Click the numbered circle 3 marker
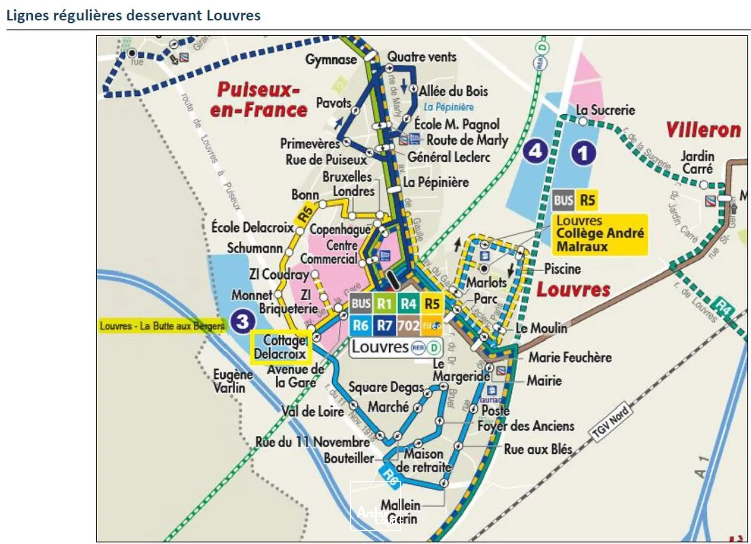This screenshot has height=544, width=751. pyautogui.click(x=243, y=321)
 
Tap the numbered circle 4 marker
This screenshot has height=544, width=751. pyautogui.click(x=535, y=151)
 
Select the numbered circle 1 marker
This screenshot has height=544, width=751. pyautogui.click(x=583, y=153)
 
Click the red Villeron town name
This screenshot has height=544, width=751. pyautogui.click(x=703, y=130)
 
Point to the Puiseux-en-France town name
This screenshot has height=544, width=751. pyautogui.click(x=258, y=100)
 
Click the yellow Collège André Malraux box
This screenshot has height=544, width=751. pyautogui.click(x=599, y=234)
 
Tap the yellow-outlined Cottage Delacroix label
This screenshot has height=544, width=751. pyautogui.click(x=280, y=347)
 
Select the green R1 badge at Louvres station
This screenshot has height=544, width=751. pyautogui.click(x=384, y=304)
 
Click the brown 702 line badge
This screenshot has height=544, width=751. pyautogui.click(x=408, y=326)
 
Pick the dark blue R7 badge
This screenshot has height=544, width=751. pyautogui.click(x=384, y=326)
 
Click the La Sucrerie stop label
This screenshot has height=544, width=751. pyautogui.click(x=606, y=110)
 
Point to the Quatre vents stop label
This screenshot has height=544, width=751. pyautogui.click(x=421, y=57)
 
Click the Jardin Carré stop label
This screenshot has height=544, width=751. pyautogui.click(x=697, y=162)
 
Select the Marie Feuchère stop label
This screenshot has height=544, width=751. pyautogui.click(x=569, y=357)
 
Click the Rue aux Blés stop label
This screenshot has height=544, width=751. pyautogui.click(x=538, y=449)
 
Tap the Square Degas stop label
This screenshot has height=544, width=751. pyautogui.click(x=386, y=387)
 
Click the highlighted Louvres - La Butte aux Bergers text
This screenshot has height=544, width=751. pyautogui.click(x=162, y=326)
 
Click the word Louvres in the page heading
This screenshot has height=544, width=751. pyautogui.click(x=234, y=15)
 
